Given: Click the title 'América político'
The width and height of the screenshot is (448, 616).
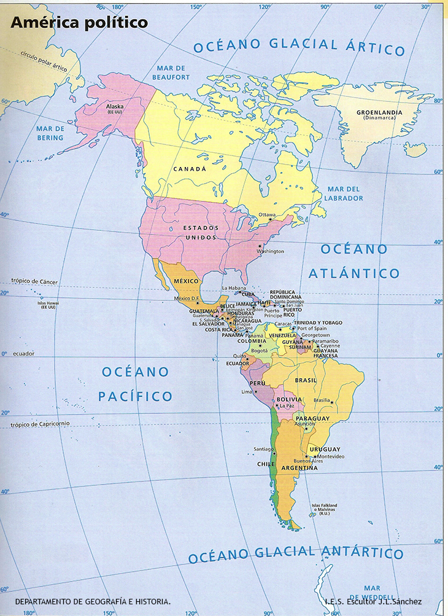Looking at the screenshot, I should [x=79, y=23].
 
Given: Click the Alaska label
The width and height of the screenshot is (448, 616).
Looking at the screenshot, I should [x=115, y=106].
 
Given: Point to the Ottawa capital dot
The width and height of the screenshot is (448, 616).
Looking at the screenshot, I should [x=269, y=220].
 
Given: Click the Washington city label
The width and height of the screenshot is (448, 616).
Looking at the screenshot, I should [x=271, y=251].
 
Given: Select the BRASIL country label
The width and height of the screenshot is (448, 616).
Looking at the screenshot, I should [x=306, y=380].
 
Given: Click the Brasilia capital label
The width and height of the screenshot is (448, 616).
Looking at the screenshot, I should [x=322, y=400].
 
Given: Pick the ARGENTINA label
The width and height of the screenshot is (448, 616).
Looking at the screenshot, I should [x=299, y=468].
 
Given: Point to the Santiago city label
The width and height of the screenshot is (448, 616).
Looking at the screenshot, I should [x=264, y=449].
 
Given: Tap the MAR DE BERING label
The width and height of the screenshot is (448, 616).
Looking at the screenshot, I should [x=50, y=133].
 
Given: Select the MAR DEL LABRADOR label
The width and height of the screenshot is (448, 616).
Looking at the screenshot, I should [x=344, y=193].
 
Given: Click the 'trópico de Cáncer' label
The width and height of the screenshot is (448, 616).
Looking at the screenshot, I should [x=34, y=282].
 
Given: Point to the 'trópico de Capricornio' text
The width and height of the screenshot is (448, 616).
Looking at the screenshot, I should [x=40, y=424].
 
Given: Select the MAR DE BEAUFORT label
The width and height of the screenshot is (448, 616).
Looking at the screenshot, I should [x=171, y=72].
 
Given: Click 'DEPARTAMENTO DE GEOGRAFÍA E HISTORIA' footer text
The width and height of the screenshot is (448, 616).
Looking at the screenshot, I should [x=93, y=602].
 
